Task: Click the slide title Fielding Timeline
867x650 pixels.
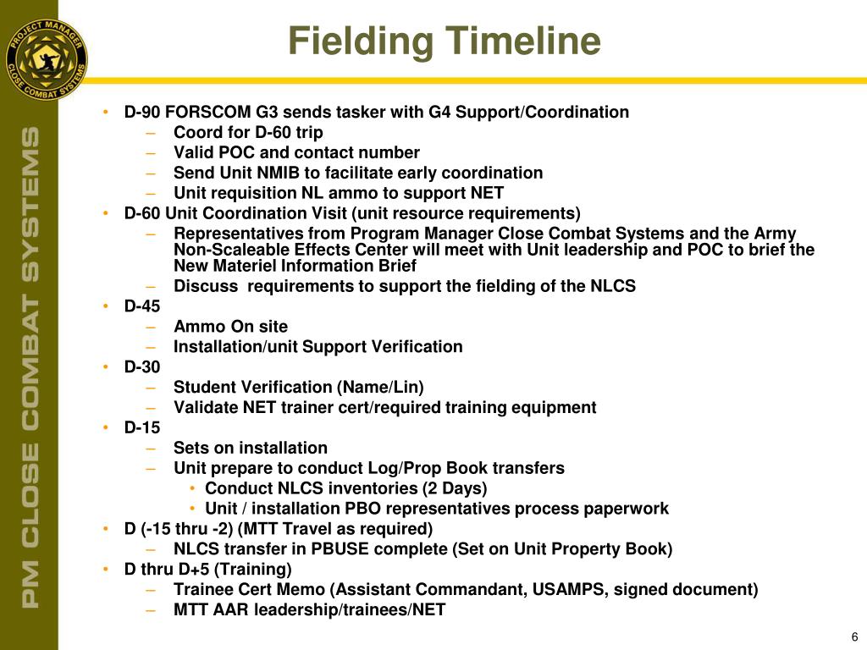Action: (x=444, y=41)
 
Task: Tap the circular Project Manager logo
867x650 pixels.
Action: (x=46, y=59)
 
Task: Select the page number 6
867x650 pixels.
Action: (x=854, y=637)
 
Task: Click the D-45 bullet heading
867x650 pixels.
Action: (x=141, y=306)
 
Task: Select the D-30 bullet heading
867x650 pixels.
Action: (x=141, y=366)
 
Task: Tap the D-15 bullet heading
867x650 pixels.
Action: (x=141, y=427)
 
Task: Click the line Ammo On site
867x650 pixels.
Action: (x=230, y=327)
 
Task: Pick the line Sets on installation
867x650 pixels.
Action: (x=250, y=448)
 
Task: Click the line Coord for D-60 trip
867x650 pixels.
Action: (x=248, y=133)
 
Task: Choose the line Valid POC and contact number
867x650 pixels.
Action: (x=296, y=153)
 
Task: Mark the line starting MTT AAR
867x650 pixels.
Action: (x=309, y=609)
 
